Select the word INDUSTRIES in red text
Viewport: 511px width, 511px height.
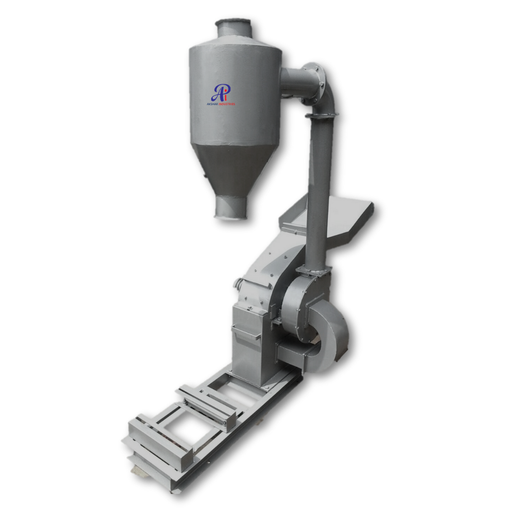[227, 104]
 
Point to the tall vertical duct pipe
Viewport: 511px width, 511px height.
[318, 189]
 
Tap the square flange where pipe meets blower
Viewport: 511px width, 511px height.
[313, 271]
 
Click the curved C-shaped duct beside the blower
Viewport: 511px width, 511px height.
[334, 336]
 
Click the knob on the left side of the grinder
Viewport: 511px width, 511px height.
[238, 284]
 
